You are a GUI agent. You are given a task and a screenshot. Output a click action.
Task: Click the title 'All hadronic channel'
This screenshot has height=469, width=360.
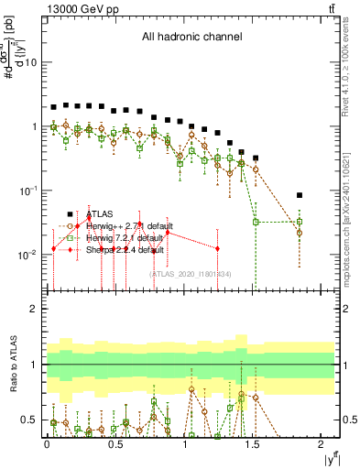191,38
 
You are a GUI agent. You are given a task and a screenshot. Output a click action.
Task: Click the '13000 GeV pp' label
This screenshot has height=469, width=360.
77,8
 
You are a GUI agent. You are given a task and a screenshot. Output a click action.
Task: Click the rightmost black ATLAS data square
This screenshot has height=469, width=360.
300,195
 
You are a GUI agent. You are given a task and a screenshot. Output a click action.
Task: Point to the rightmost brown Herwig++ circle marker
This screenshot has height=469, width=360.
300,233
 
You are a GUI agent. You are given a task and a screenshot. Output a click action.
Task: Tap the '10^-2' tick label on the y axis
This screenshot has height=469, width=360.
27,255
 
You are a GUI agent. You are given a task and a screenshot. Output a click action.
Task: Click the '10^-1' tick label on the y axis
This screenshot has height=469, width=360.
27,191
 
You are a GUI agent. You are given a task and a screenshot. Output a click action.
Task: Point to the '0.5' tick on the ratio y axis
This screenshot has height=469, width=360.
30,420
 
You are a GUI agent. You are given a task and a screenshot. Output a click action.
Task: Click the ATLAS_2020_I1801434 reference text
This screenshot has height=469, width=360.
191,274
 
